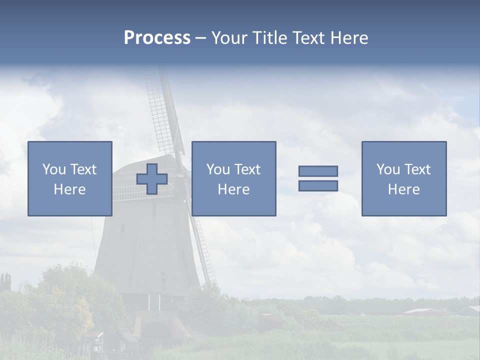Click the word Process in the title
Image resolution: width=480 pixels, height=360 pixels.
click(157, 38)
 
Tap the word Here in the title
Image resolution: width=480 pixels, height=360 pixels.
click(347, 38)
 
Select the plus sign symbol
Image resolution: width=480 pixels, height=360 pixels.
click(152, 179)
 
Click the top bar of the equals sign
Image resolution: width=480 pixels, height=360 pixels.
click(318, 171)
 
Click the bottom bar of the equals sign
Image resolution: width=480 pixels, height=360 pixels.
click(318, 186)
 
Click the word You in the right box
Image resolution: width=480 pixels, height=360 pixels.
click(388, 169)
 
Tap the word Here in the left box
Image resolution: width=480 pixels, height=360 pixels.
click(69, 189)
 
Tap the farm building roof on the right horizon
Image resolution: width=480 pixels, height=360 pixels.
click(422, 311)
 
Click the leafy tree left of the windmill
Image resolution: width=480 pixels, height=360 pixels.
click(65, 295)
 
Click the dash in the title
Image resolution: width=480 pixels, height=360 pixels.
click(200, 38)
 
